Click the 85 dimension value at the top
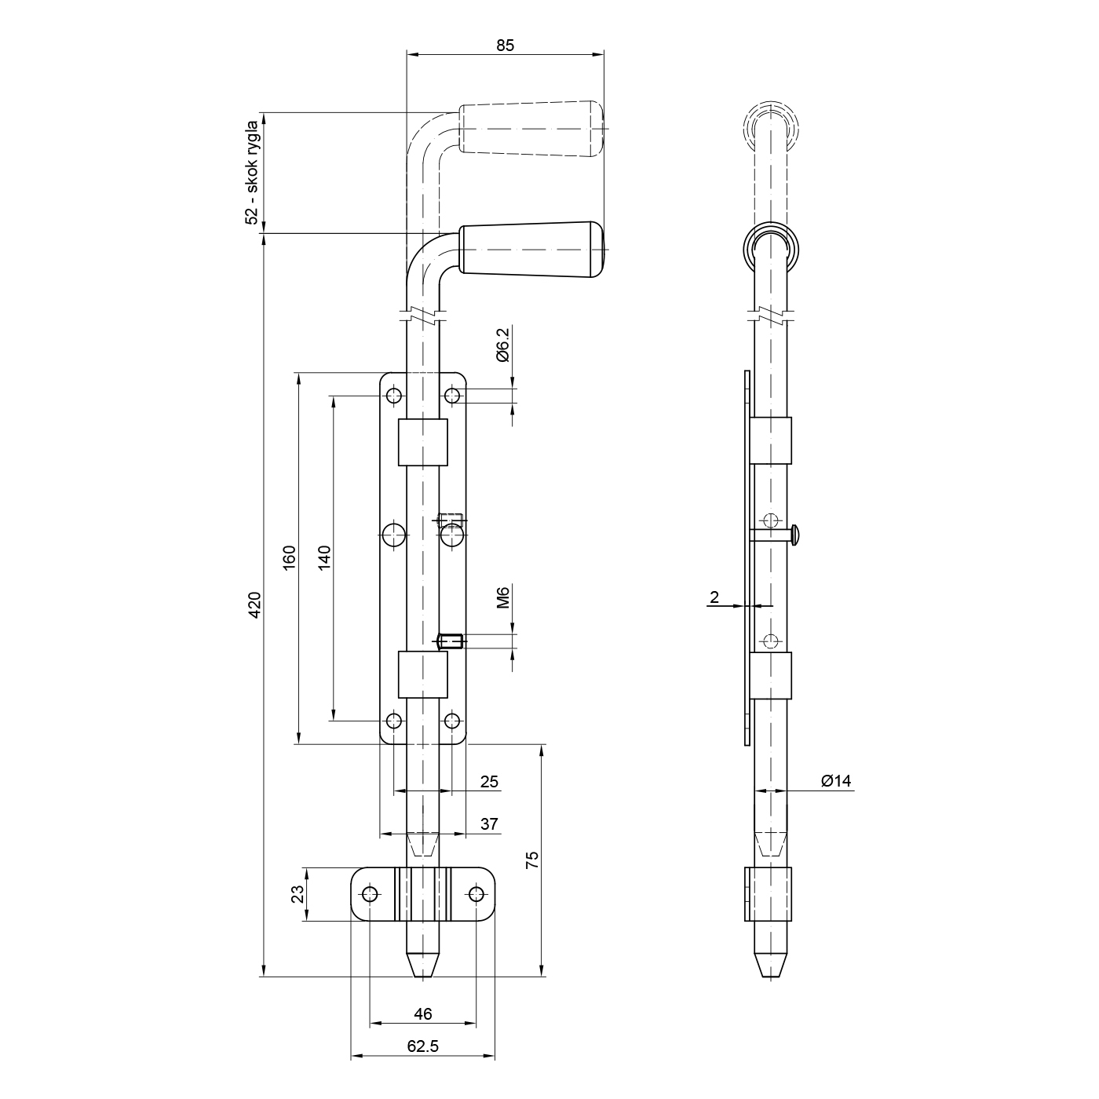pos(506,45)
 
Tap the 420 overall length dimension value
pos(254,604)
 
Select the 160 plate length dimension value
pos(289,558)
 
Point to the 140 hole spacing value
pos(324,558)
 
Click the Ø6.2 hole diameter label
pos(502,345)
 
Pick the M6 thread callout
pos(502,597)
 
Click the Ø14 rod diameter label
pos(836,781)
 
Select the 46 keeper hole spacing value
pos(423,1013)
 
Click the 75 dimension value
pos(531,860)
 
